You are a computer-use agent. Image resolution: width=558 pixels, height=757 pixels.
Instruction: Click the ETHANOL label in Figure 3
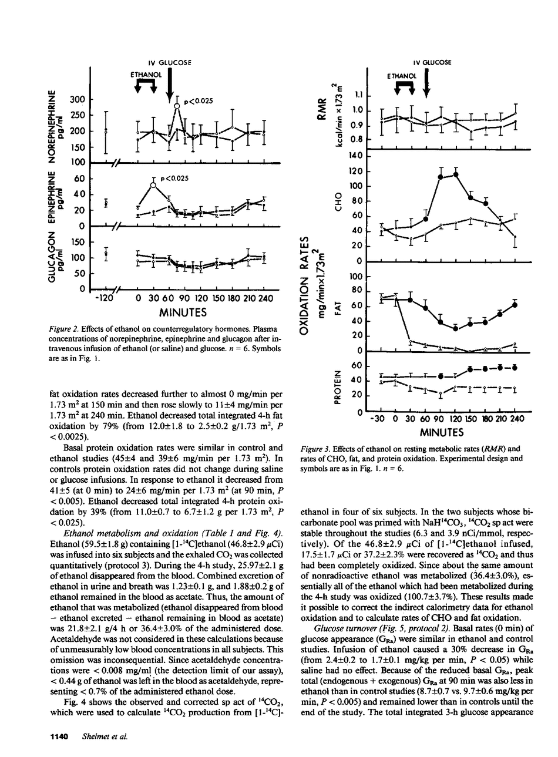[402, 76]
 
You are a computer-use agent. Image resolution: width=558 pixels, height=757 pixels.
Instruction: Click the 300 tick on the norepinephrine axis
[77, 100]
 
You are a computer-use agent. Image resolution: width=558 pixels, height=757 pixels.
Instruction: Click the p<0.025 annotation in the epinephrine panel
[177, 179]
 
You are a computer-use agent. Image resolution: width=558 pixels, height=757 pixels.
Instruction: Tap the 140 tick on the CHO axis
[356, 156]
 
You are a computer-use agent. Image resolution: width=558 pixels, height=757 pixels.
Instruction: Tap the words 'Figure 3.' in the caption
[312, 449]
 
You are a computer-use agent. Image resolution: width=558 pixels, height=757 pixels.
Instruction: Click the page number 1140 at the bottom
[59, 736]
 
